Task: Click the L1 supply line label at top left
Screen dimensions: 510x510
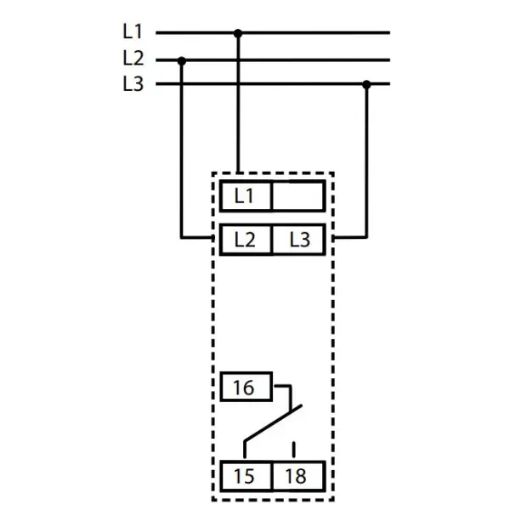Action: [x=133, y=32]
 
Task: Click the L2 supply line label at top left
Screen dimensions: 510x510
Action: [x=133, y=59]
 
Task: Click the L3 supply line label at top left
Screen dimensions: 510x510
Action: [x=133, y=84]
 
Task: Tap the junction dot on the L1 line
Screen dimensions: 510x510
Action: [x=238, y=33]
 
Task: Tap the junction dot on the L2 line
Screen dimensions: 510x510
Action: [x=182, y=59]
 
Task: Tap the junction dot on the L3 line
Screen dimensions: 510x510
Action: [x=367, y=84]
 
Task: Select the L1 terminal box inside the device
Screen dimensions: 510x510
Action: [x=245, y=195]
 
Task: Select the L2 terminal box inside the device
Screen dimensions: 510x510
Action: [x=245, y=239]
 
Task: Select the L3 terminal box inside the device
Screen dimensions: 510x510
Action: [x=299, y=239]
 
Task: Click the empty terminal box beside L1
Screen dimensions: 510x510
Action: [x=297, y=195]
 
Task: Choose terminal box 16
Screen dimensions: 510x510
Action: [x=244, y=388]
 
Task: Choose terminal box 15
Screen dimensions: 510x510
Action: [x=244, y=474]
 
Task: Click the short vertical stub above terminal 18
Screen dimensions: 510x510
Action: [x=294, y=449]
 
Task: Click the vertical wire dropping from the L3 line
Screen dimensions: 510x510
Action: [x=367, y=161]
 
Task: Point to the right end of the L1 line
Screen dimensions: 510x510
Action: [x=388, y=33]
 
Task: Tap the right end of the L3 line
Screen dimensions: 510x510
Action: [x=388, y=84]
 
